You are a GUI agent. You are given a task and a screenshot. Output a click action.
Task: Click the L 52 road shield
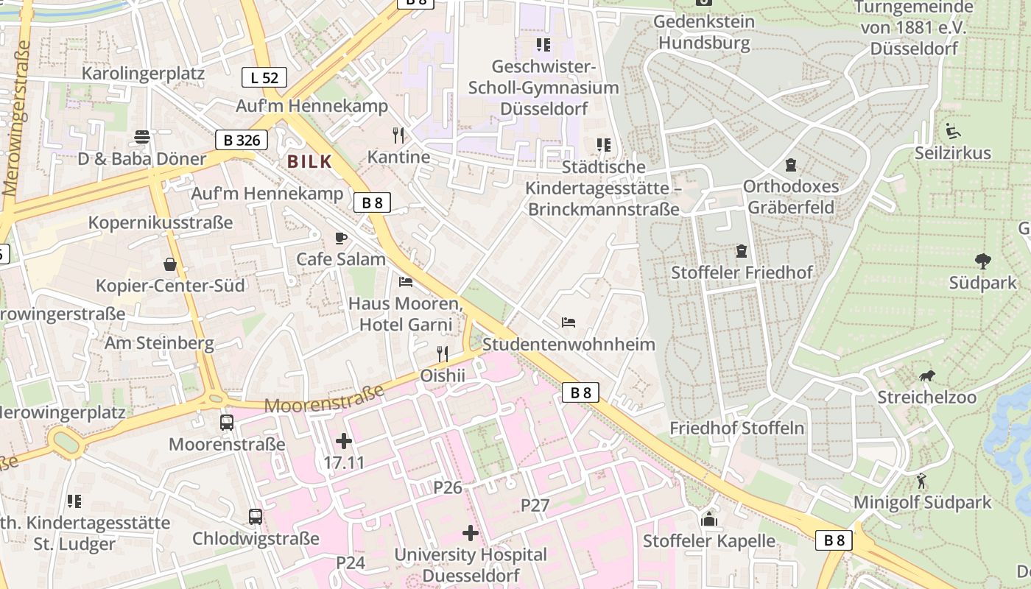[264, 77]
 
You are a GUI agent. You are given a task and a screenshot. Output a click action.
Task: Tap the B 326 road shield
[242, 139]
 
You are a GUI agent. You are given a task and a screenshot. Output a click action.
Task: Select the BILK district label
[309, 161]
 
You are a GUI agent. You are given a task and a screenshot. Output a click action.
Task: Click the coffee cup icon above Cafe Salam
[340, 238]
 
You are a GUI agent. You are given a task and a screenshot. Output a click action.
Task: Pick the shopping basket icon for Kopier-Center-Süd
[170, 264]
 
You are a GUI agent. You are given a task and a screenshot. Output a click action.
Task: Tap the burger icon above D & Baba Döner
[141, 137]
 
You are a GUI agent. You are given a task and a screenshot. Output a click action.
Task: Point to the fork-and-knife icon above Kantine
[398, 135]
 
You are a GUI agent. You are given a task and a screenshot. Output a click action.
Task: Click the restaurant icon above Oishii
[442, 354]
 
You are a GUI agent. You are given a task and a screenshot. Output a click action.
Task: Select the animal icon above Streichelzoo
[926, 376]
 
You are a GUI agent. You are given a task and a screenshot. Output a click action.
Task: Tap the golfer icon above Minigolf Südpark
[921, 482]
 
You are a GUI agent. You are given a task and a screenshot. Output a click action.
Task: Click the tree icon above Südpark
[982, 261]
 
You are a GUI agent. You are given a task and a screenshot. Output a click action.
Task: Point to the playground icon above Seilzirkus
[953, 131]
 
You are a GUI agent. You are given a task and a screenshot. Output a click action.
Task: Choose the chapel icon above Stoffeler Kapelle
[709, 520]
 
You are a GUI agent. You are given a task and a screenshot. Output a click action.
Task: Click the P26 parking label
[447, 487]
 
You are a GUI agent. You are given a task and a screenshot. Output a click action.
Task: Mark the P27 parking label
[535, 505]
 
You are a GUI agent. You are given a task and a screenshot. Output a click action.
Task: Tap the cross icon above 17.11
[343, 442]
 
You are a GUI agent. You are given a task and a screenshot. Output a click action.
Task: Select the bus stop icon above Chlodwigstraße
[256, 517]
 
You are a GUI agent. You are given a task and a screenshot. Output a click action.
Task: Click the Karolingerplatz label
[143, 74]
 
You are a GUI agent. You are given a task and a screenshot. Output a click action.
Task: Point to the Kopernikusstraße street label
[161, 222]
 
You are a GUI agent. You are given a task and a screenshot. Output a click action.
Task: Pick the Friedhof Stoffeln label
[736, 428]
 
